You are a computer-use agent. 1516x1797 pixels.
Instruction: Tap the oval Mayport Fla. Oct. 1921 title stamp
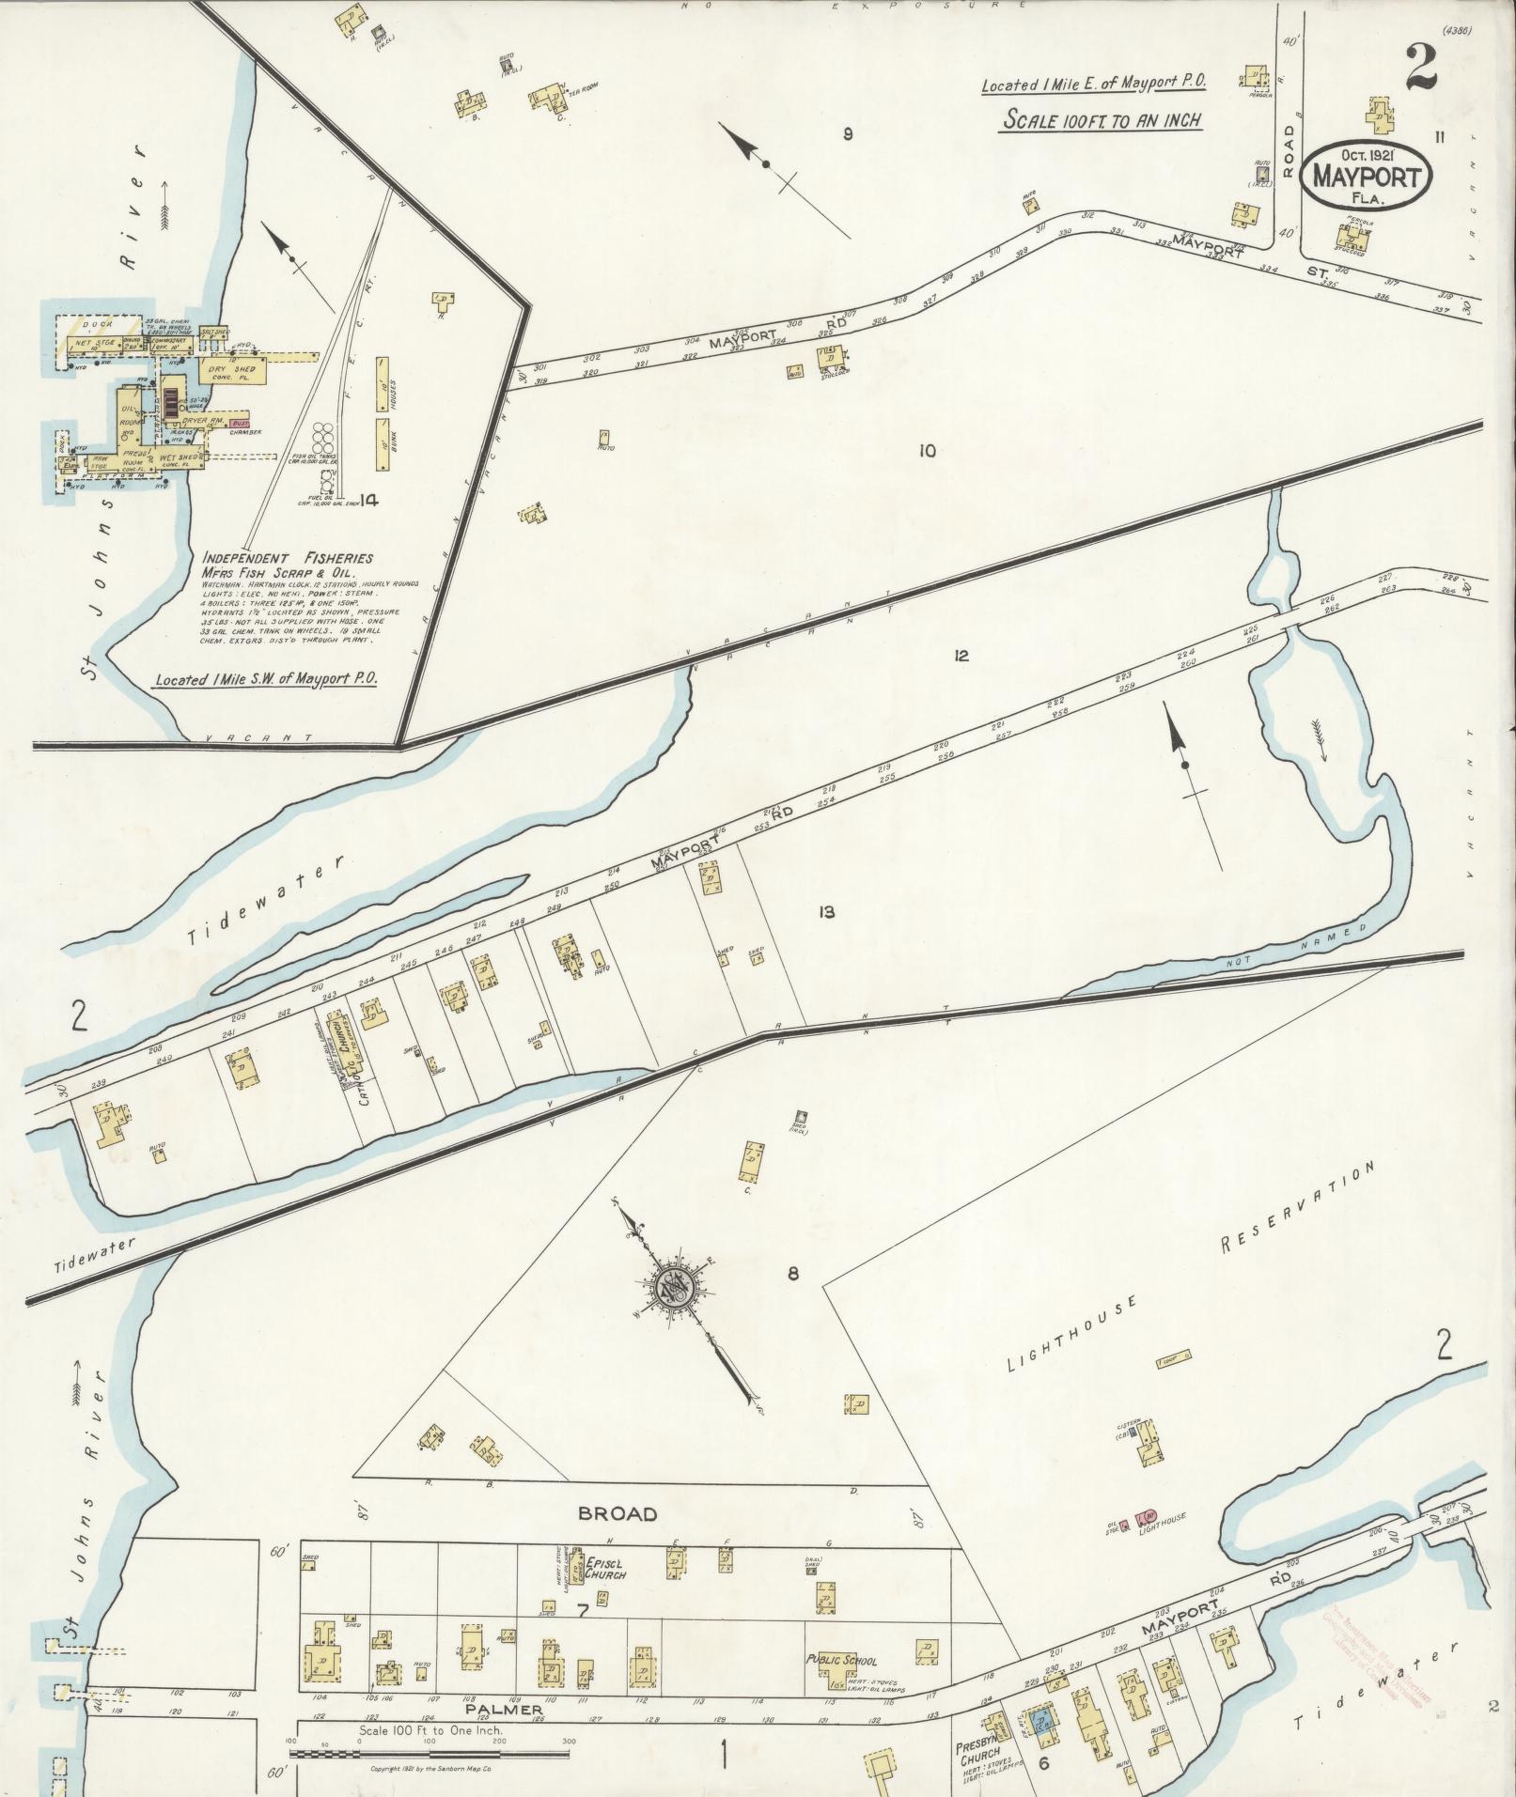pos(1368,176)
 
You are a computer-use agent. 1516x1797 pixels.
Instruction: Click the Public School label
pos(841,1660)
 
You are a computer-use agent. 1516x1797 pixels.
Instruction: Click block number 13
pos(826,911)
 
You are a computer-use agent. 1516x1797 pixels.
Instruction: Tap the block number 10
pos(927,451)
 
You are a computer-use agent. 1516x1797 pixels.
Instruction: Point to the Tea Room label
pos(583,88)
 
